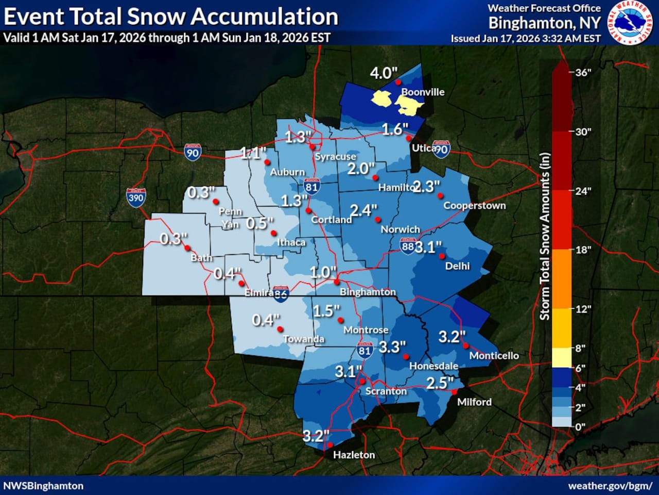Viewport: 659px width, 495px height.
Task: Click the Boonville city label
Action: pyautogui.click(x=423, y=92)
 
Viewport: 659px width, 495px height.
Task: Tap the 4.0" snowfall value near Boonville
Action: pyautogui.click(x=384, y=73)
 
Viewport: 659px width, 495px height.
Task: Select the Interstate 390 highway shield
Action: pyautogui.click(x=136, y=197)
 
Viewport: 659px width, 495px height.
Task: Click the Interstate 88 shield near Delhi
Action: pyautogui.click(x=408, y=246)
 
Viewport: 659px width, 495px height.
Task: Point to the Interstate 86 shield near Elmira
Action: pyautogui.click(x=281, y=294)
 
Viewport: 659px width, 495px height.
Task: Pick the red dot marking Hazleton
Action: pyautogui.click(x=330, y=445)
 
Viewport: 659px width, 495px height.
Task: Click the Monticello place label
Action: pyautogui.click(x=494, y=355)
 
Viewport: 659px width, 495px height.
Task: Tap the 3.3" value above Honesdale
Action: pyautogui.click(x=392, y=347)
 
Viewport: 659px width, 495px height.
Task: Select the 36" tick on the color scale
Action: pyautogui.click(x=582, y=72)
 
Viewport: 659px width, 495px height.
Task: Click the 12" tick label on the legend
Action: pyautogui.click(x=583, y=309)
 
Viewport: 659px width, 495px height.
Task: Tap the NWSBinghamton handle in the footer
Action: pyautogui.click(x=43, y=486)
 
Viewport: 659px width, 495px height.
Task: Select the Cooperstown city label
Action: pyautogui.click(x=474, y=206)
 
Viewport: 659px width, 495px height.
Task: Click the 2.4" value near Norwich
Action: pyautogui.click(x=363, y=210)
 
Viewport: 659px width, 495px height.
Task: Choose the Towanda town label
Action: pyautogui.click(x=303, y=339)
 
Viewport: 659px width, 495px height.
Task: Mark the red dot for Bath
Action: pyautogui.click(x=187, y=248)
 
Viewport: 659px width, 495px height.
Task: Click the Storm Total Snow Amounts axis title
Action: pyautogui.click(x=545, y=236)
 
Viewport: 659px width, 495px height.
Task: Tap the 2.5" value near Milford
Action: pyautogui.click(x=440, y=383)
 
